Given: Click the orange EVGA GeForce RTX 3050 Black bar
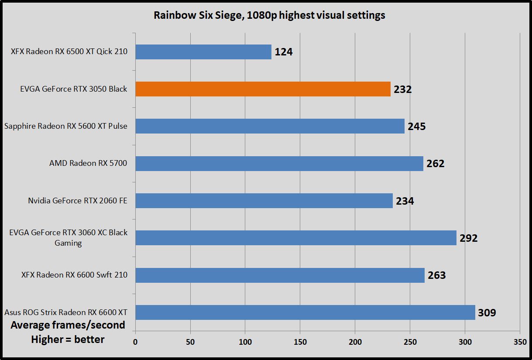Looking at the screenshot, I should click(263, 89).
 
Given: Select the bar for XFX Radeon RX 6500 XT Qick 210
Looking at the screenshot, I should click(203, 52).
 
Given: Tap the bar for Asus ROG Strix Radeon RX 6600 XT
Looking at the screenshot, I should click(305, 312).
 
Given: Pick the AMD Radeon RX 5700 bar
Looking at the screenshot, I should click(279, 164).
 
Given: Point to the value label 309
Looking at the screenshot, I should click(487, 313).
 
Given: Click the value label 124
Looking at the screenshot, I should click(283, 52).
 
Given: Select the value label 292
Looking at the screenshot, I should click(468, 238).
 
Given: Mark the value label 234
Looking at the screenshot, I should click(405, 201).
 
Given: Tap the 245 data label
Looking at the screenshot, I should click(416, 127).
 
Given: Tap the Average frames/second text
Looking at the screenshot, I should click(68, 325).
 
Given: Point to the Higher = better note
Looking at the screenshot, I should click(68, 339).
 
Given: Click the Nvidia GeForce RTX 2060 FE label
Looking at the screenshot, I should click(78, 201).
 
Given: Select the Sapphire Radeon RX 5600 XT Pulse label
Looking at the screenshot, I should click(66, 127).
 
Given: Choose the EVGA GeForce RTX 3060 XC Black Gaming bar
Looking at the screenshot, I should click(296, 238).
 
